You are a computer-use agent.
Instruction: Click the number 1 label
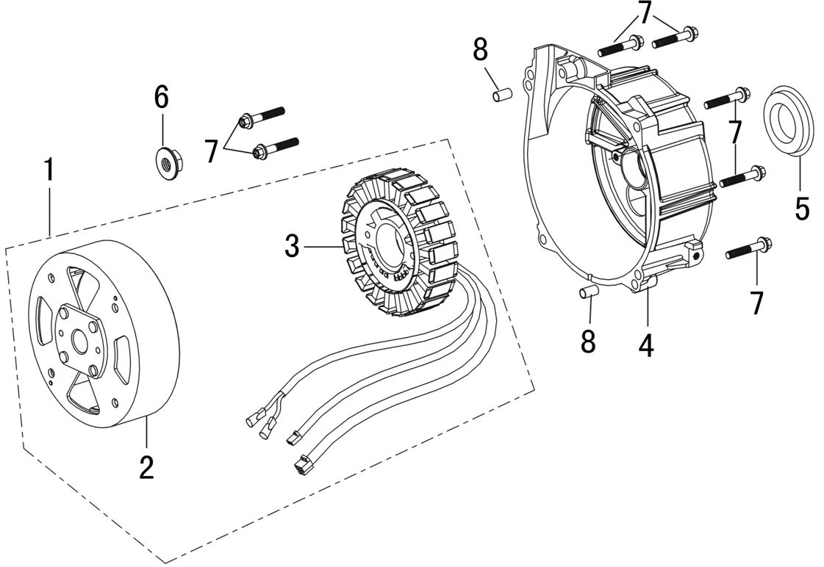click(49, 170)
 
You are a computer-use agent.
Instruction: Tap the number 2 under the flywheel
click(146, 467)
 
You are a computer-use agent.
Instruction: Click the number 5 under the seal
click(801, 208)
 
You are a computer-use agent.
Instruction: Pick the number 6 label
click(161, 96)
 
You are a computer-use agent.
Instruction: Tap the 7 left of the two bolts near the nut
click(212, 152)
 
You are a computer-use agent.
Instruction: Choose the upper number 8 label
click(480, 50)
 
